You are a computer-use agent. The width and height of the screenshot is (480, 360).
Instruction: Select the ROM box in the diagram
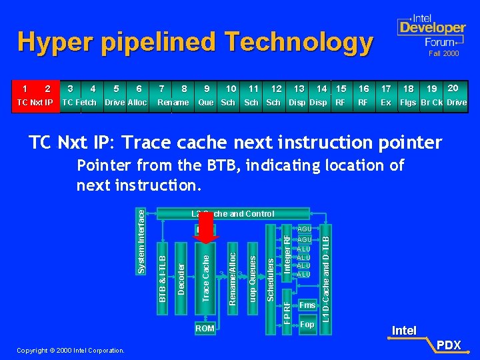205,328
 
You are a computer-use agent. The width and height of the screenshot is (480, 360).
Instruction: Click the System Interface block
141,240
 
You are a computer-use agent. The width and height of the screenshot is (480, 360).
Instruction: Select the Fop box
307,325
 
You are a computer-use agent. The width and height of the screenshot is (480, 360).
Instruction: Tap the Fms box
307,305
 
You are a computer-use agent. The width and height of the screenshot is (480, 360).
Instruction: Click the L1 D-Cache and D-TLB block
325,273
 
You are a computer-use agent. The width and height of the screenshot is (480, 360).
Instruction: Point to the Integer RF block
287,253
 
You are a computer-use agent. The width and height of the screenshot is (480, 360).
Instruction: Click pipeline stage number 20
453,88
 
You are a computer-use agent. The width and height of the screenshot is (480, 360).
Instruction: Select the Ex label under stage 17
385,103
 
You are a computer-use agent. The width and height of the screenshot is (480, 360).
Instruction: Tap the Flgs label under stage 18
407,103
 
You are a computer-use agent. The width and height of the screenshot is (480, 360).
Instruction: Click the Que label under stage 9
205,103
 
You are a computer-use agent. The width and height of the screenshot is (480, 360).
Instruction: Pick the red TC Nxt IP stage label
34,103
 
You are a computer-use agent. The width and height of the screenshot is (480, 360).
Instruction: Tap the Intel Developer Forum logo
431,29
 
